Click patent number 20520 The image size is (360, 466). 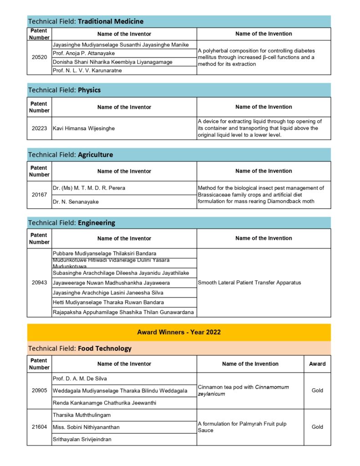pyautogui.click(x=39, y=57)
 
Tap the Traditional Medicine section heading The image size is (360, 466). pyautogui.click(x=86, y=21)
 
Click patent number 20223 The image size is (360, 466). pyautogui.click(x=39, y=128)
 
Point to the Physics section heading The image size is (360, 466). pyautogui.click(x=64, y=90)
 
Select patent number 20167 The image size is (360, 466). pyautogui.click(x=39, y=195)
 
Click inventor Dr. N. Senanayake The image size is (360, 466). pyautogui.click(x=75, y=202)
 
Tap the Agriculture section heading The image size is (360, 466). pyautogui.click(x=71, y=155)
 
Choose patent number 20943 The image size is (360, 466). pyautogui.click(x=39, y=283)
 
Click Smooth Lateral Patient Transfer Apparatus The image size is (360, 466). pyautogui.click(x=249, y=283)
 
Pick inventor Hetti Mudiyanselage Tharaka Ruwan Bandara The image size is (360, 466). pyautogui.click(x=108, y=302)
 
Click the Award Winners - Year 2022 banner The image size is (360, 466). pyautogui.click(x=179, y=332)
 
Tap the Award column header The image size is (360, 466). pyautogui.click(x=317, y=364)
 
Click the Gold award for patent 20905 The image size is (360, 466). pyautogui.click(x=317, y=391)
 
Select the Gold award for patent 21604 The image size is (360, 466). pyautogui.click(x=317, y=427)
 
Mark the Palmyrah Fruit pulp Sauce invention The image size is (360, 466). pyautogui.click(x=242, y=427)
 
